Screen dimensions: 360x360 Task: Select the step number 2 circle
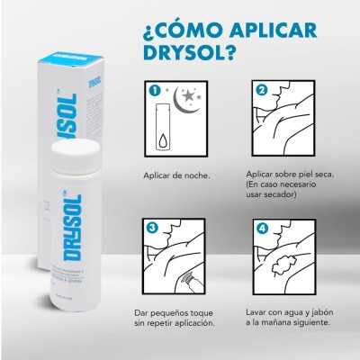pyautogui.click(x=262, y=90)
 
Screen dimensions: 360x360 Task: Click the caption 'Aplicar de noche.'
pyautogui.click(x=176, y=175)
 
